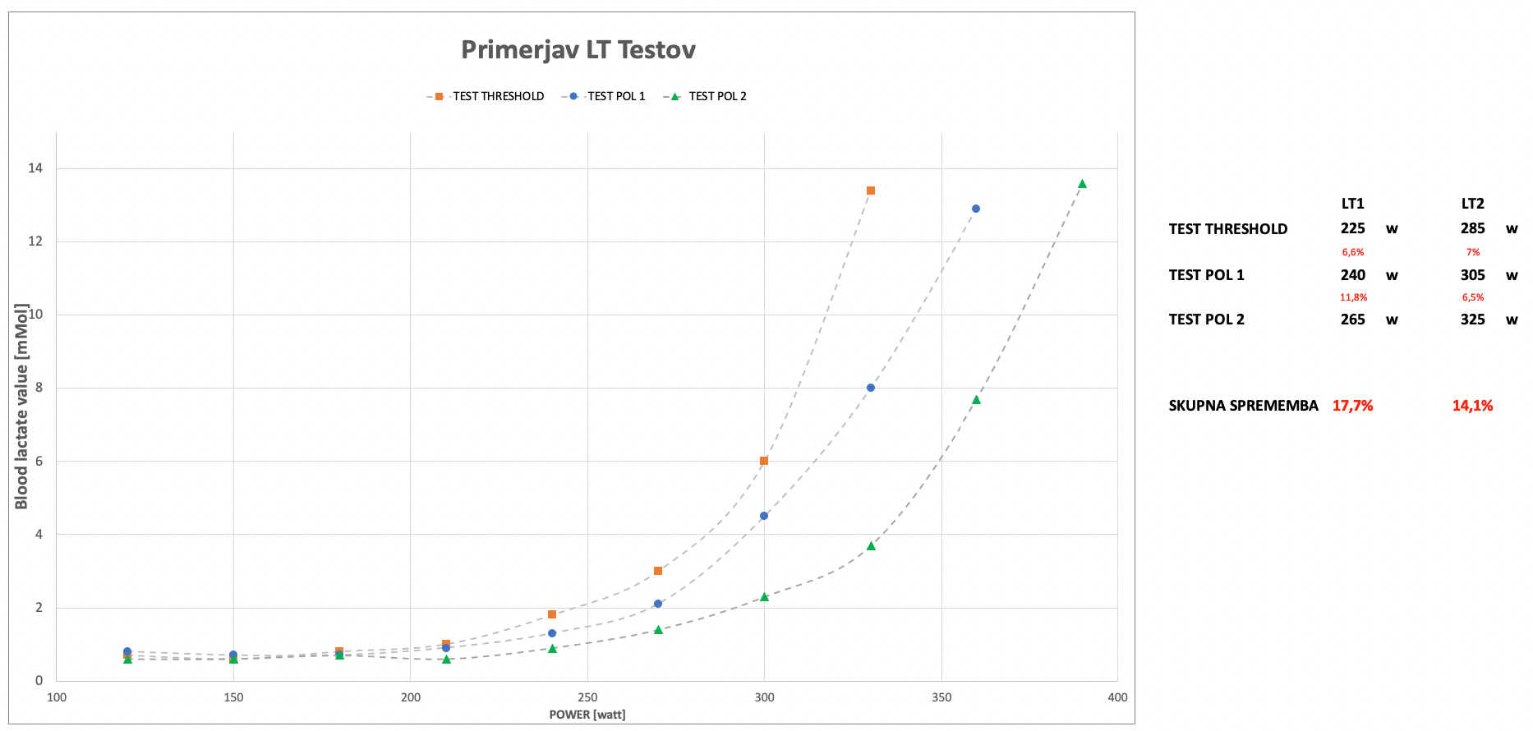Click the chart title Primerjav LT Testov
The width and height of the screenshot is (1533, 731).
pos(578,50)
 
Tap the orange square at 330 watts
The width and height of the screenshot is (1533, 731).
pos(871,191)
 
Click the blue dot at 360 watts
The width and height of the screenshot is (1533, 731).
pos(976,209)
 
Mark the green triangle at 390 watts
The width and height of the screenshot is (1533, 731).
pos(1082,184)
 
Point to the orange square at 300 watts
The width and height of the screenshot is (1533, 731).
pos(764,461)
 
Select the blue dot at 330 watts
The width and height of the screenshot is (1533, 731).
pos(871,388)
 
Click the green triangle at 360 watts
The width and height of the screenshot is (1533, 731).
pos(976,400)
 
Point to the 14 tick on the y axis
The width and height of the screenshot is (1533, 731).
pos(35,168)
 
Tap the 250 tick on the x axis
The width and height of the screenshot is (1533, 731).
pos(587,697)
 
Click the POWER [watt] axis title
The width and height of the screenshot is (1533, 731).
pos(587,715)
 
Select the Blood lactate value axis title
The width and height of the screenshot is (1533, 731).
pos(21,406)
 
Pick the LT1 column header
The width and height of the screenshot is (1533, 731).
pos(1352,204)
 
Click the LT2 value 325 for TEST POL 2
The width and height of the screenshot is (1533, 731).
pos(1472,320)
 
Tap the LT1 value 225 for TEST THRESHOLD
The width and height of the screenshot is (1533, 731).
pos(1352,228)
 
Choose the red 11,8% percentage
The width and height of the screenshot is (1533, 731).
pos(1353,297)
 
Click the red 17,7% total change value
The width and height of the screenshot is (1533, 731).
pos(1352,406)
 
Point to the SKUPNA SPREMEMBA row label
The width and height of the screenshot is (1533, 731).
pos(1243,406)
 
